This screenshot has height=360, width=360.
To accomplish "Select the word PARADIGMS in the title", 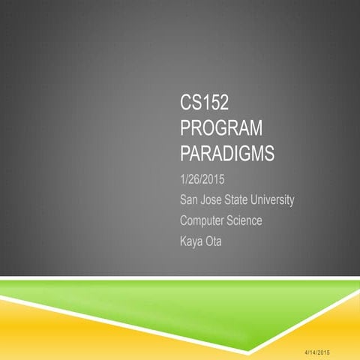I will click(x=228, y=154).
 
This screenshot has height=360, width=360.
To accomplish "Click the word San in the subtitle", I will click(x=190, y=200).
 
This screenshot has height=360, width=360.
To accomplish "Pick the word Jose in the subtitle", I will click(x=214, y=200).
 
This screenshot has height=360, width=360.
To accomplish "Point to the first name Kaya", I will click(x=192, y=243).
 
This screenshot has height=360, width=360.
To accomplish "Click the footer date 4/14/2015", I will click(x=323, y=352).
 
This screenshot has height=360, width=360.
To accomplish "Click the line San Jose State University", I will click(x=237, y=200).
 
